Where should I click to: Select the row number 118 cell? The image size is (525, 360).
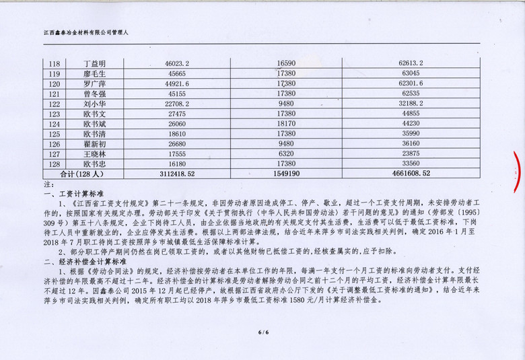pyautogui.click(x=55, y=64)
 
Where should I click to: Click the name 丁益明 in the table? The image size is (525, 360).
pyautogui.click(x=94, y=64)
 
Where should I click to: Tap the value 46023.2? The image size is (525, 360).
pyautogui.click(x=177, y=64)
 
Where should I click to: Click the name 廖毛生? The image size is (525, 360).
pyautogui.click(x=94, y=74)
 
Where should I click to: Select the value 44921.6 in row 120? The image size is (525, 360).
pyautogui.click(x=177, y=84)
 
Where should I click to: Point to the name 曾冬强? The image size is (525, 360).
pyautogui.click(x=94, y=94)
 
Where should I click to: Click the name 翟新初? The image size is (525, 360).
pyautogui.click(x=94, y=144)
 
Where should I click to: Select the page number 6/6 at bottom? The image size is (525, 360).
pyautogui.click(x=262, y=332)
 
